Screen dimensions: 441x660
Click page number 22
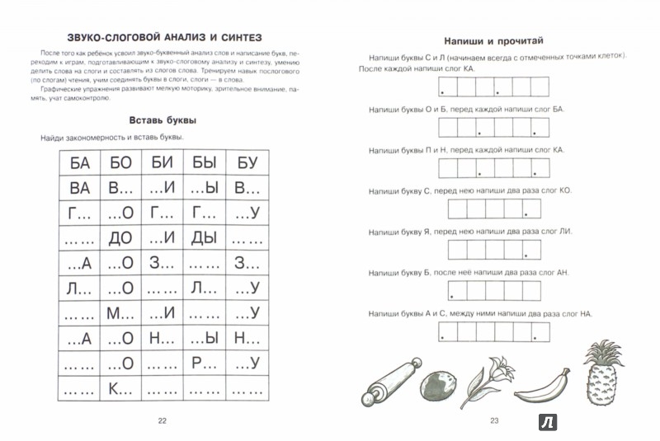162,421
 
